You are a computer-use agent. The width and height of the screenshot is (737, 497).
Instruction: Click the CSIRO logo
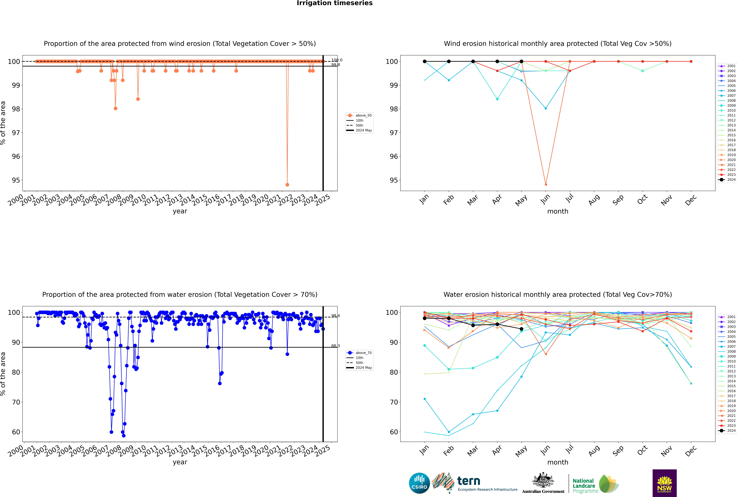419,483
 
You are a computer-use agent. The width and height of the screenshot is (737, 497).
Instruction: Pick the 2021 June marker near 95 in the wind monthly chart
546,184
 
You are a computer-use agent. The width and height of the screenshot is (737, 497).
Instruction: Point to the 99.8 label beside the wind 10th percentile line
336,65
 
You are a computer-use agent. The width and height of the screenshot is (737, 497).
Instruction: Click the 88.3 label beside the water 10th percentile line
336,346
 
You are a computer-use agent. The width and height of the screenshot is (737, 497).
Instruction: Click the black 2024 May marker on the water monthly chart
522,329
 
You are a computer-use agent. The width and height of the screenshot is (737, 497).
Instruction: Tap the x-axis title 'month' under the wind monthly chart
558,211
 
